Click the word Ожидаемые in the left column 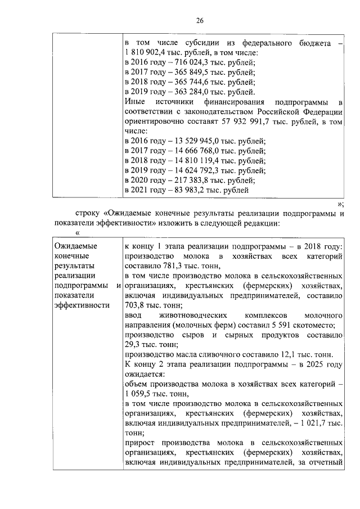pyautogui.click(x=75, y=246)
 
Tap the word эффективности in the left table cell pyautogui.click(x=82, y=306)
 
